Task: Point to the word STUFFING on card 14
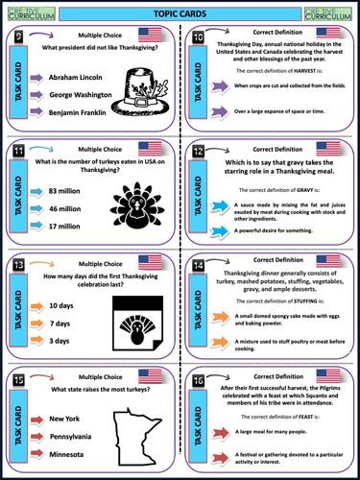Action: pyautogui.click(x=292, y=300)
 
